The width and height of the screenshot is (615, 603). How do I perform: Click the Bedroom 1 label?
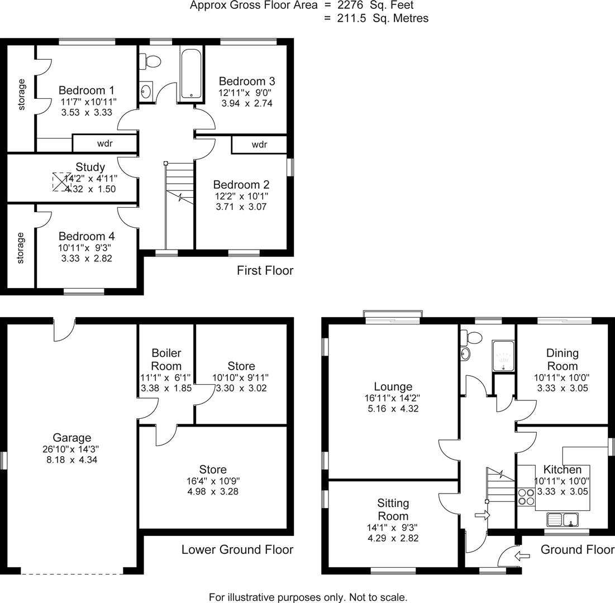pyautogui.click(x=87, y=90)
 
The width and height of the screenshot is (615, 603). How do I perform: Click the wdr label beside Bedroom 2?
pyautogui.click(x=259, y=145)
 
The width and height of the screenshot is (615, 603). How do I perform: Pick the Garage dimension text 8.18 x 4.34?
pyautogui.click(x=72, y=460)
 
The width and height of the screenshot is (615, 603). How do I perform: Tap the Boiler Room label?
pyautogui.click(x=166, y=360)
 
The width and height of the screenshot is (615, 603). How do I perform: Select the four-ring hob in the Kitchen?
pyautogui.click(x=526, y=496)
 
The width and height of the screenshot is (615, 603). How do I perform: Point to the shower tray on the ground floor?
pyautogui.click(x=503, y=356)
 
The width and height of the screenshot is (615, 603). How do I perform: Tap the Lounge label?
pyautogui.click(x=393, y=386)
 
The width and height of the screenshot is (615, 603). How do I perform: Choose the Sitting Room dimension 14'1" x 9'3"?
pyautogui.click(x=393, y=528)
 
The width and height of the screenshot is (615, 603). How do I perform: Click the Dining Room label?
pyautogui.click(x=562, y=360)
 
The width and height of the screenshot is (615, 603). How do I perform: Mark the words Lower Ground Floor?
pyautogui.click(x=237, y=549)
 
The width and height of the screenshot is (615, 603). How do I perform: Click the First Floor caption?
pyautogui.click(x=265, y=271)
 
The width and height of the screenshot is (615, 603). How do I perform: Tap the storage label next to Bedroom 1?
pyautogui.click(x=22, y=94)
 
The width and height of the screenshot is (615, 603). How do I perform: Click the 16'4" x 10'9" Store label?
pyautogui.click(x=213, y=480)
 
